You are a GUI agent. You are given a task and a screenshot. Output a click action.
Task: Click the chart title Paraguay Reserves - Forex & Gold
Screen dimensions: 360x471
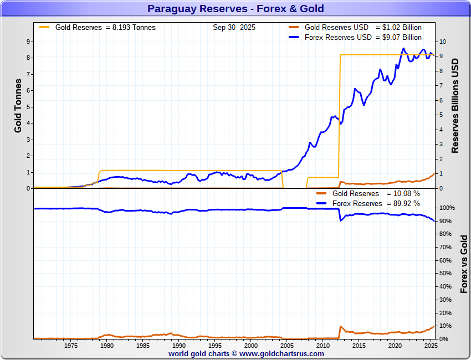[x=235, y=9]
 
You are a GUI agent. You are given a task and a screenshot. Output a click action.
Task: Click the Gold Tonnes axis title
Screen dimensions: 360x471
[x=18, y=105]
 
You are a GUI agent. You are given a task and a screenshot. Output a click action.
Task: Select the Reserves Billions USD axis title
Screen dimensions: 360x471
[x=455, y=105]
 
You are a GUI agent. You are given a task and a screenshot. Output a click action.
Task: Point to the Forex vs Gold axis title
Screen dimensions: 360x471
[x=464, y=264]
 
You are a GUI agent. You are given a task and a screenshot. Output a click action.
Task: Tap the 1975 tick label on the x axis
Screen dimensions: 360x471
[x=70, y=346]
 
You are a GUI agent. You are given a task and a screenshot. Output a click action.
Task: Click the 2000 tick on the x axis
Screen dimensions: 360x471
[x=251, y=346]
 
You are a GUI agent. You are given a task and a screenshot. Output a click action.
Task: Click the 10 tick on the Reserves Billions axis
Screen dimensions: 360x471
[x=442, y=42]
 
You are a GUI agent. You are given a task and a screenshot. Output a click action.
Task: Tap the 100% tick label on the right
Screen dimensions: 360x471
[x=447, y=208]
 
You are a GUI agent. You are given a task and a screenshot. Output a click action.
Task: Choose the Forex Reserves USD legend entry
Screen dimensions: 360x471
[x=363, y=38]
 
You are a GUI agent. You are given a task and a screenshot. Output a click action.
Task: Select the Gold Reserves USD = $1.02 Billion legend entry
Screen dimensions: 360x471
[x=363, y=28]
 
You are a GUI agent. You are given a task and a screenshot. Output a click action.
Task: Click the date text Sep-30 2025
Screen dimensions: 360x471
[x=234, y=27]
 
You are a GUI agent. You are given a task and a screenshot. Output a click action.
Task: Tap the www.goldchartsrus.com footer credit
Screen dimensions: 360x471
[x=235, y=353]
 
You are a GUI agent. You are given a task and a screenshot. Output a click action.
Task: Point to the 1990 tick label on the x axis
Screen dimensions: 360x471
[x=178, y=346]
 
